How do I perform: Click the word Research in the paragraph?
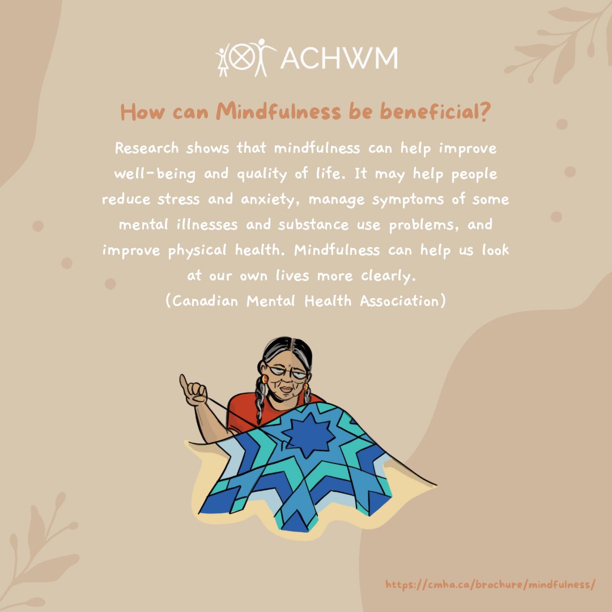click(146, 148)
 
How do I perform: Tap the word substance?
click(311, 224)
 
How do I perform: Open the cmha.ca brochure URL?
click(490, 584)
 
